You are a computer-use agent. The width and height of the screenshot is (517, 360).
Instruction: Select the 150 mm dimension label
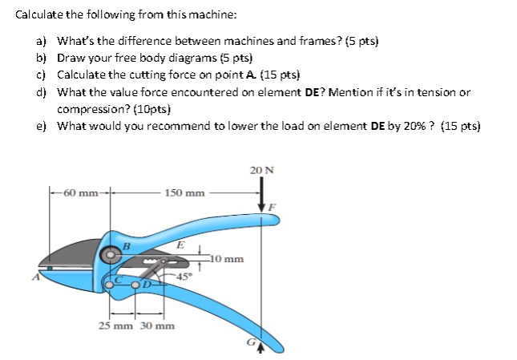pos(184,193)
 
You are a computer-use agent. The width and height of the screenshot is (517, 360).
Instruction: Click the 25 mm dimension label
pos(115,326)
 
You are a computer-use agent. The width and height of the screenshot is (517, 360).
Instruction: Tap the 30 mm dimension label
pos(157,326)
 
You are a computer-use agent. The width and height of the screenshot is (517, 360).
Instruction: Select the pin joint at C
pos(112,282)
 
